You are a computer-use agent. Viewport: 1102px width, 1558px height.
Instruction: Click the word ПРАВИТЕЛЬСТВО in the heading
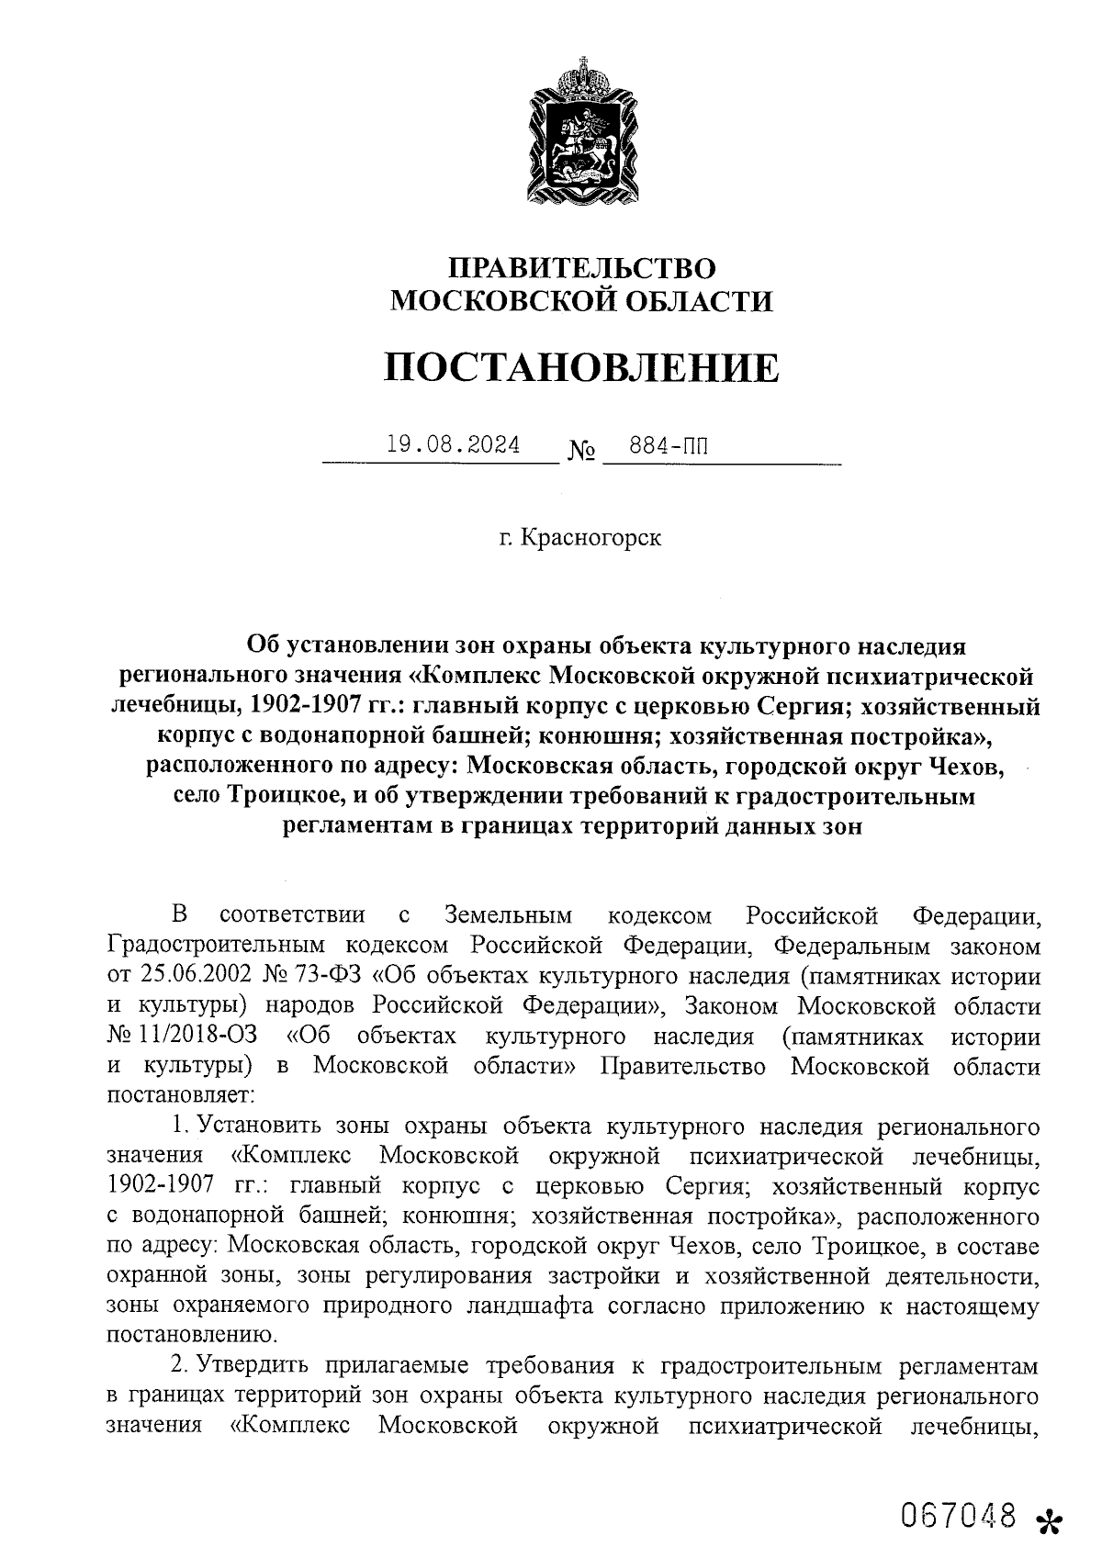coord(580,267)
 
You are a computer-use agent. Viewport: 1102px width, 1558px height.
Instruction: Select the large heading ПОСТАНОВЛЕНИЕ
coord(580,367)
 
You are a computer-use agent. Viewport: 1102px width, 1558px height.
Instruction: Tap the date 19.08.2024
coord(453,446)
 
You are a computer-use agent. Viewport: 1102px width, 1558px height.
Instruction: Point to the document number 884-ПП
coord(669,447)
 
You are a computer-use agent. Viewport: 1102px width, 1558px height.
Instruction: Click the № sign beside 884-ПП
coord(582,452)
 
